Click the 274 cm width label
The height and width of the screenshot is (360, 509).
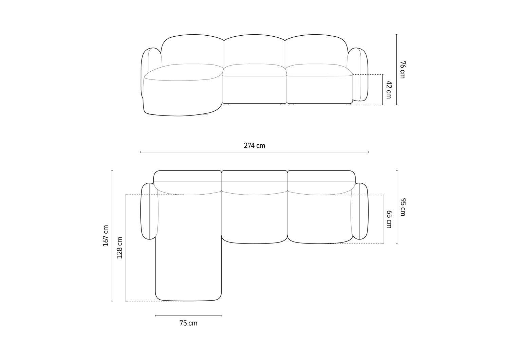coord(254,146)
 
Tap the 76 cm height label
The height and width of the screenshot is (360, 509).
coord(402,70)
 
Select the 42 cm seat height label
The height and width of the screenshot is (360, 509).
coord(389,90)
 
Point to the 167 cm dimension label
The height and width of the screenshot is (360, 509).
coord(106,236)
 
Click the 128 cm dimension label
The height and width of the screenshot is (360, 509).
coord(119,248)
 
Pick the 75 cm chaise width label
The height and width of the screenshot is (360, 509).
coord(188,323)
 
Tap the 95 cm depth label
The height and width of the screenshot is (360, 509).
coord(402,207)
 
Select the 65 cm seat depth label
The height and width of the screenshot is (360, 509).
coord(389,219)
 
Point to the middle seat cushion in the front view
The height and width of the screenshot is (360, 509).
coord(254,71)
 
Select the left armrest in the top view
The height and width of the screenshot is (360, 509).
coord(149,211)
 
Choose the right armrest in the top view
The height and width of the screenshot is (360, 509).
coord(360,211)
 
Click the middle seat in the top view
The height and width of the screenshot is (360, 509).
coord(254,217)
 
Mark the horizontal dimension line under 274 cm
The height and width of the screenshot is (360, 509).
coord(254,152)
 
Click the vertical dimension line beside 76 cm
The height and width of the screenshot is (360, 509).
coord(397,70)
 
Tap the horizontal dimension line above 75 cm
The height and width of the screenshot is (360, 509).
coord(188,316)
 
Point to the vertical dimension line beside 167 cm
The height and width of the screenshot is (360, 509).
coord(112,236)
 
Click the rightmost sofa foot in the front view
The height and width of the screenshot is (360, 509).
coord(348,105)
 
